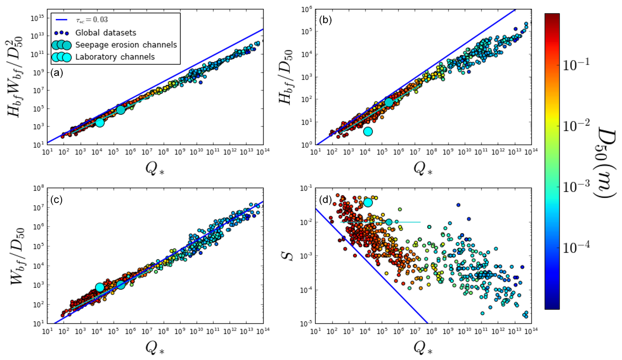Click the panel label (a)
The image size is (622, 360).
pos(57,73)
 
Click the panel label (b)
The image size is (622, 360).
pos(325,20)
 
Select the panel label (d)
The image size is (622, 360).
pos(325,200)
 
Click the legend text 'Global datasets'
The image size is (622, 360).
pos(106,33)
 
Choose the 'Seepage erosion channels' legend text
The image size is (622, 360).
pos(126,45)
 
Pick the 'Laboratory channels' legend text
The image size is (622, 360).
pos(115,57)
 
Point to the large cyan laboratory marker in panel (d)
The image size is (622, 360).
pos(368,203)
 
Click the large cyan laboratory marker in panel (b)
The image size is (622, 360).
pos(368,132)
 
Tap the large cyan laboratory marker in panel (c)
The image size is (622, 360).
pos(100,287)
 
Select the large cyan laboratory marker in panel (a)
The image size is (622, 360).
pos(100,123)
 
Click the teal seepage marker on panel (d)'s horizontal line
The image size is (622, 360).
pos(389,222)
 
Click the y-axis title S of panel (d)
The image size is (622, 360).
pos(290,256)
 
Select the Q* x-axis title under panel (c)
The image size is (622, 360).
pos(155,347)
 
